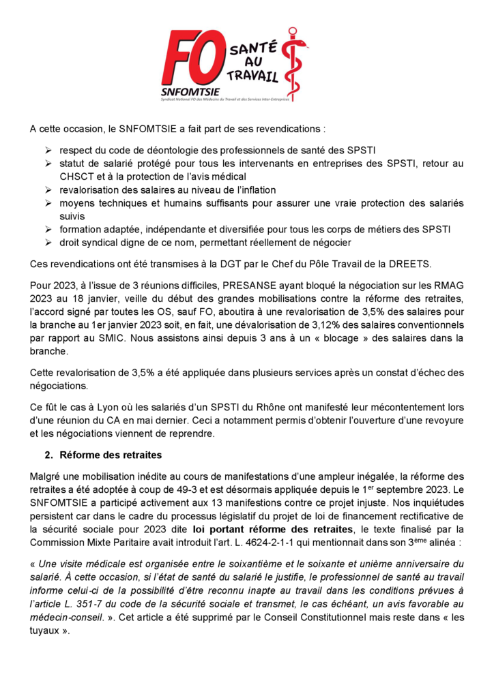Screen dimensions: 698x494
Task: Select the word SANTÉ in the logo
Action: (252, 48)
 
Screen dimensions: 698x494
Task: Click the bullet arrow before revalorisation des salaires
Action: (49, 189)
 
